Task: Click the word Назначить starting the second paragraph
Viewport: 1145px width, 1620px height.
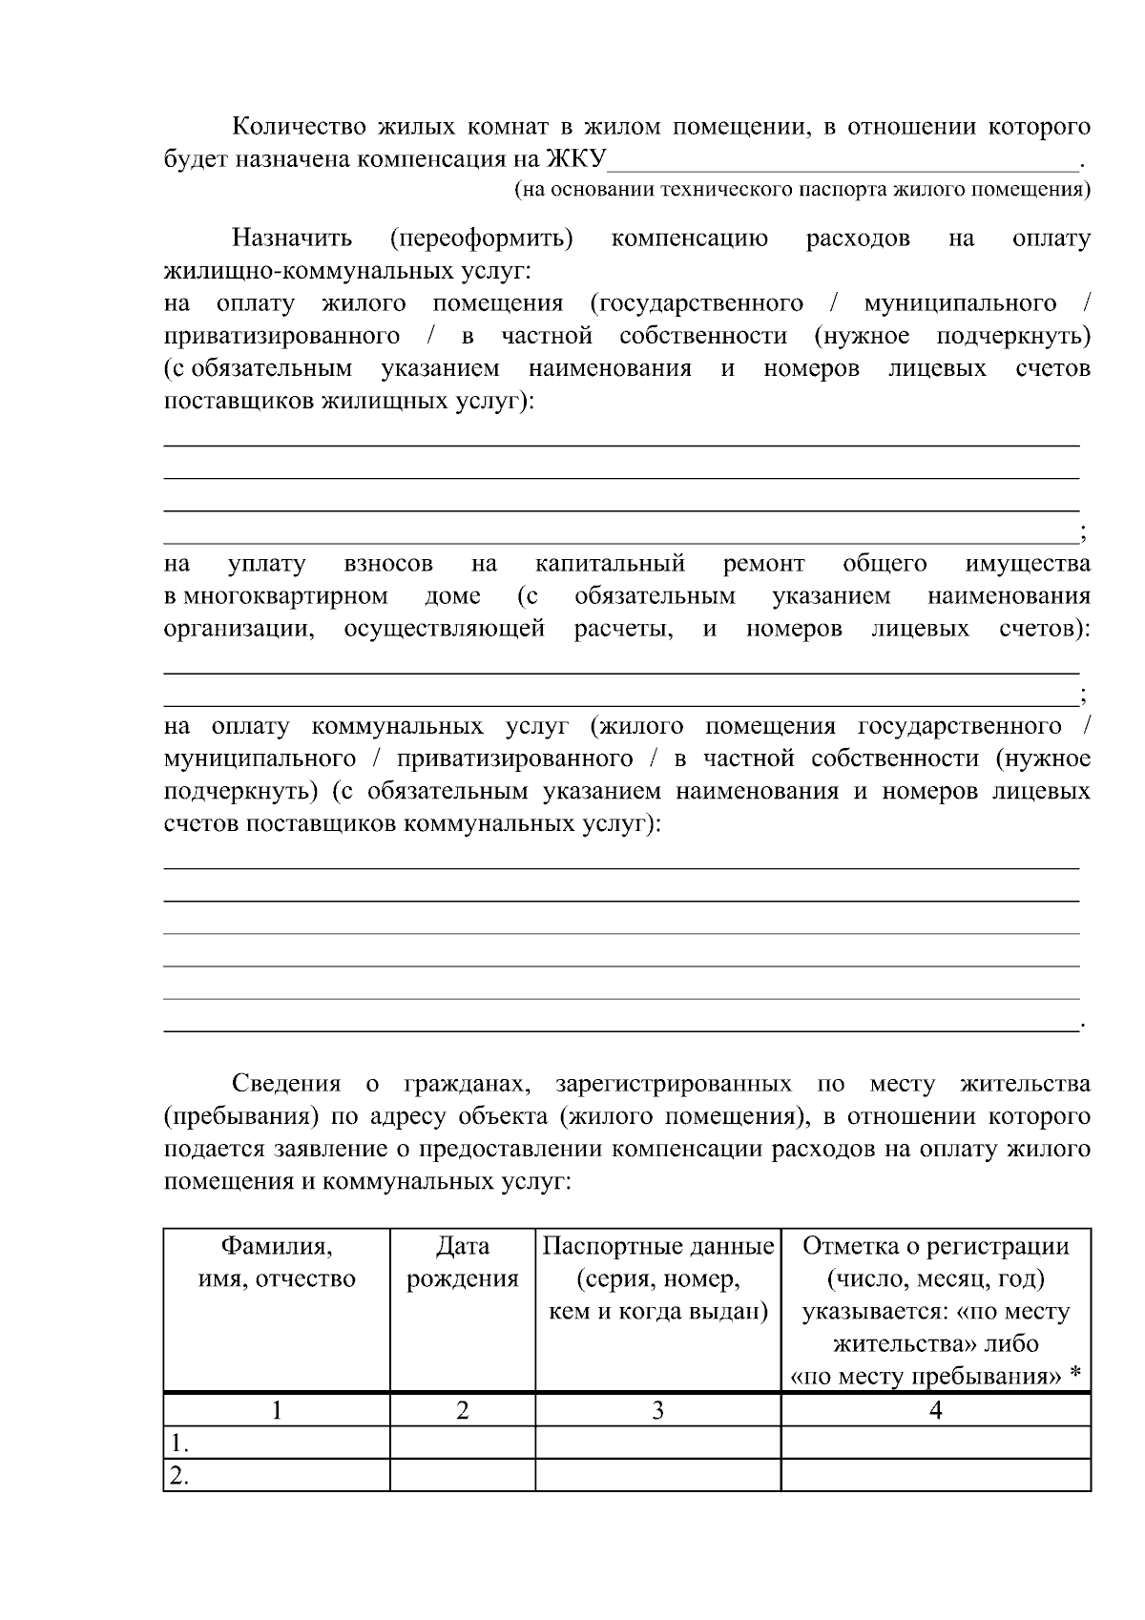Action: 291,238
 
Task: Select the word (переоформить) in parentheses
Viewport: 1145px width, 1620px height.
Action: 481,238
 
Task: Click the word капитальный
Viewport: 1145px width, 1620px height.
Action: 610,564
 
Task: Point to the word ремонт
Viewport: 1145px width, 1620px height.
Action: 763,564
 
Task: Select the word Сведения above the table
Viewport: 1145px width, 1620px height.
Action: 286,1084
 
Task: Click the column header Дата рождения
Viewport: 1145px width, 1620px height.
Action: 462,1262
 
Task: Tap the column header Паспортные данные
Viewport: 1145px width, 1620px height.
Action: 657,1246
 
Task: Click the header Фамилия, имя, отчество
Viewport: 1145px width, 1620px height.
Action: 277,1262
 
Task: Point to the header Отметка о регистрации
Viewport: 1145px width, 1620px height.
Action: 935,1246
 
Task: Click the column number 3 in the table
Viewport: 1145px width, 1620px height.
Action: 657,1410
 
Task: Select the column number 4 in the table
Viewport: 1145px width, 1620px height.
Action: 935,1410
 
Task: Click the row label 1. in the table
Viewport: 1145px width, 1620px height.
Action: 177,1443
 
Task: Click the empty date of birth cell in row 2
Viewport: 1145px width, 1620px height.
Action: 462,1475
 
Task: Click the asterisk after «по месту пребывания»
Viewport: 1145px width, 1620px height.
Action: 1075,1374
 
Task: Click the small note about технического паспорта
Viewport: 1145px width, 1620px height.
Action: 801,189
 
